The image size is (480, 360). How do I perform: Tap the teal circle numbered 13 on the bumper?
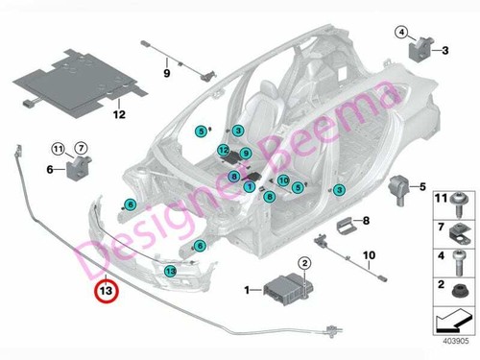170,273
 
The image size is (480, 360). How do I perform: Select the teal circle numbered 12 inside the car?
223,151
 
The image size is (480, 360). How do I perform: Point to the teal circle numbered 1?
250,189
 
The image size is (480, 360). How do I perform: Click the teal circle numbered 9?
245,154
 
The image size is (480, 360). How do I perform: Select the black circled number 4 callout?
400,33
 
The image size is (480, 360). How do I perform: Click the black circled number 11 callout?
57,148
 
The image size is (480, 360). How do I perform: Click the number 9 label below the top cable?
165,72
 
